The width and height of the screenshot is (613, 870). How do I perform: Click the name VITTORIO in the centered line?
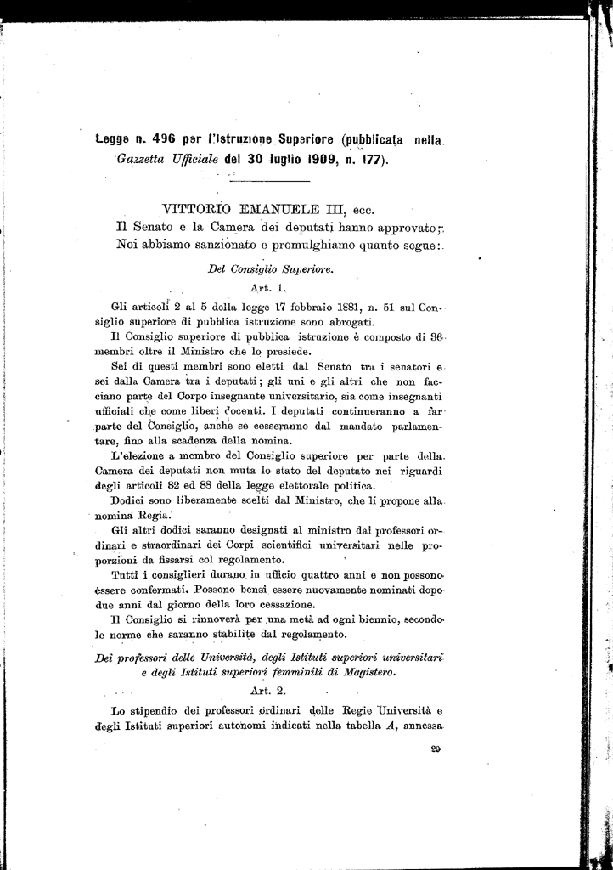(198, 208)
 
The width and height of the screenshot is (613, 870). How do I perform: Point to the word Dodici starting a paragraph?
(130, 501)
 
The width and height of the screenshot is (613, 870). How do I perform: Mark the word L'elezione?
(142, 456)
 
